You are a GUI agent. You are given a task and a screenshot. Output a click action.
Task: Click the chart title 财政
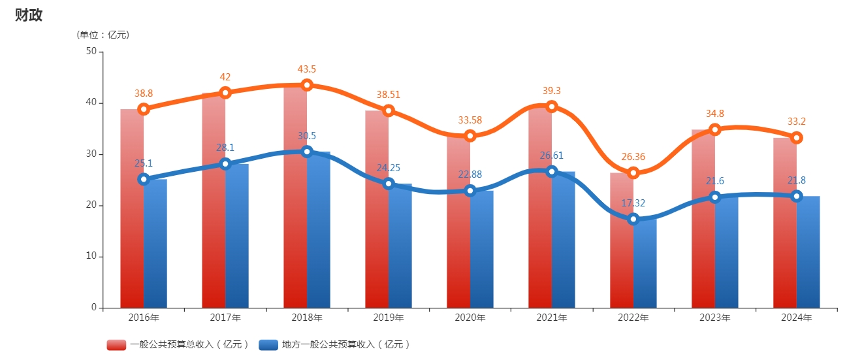[29, 15]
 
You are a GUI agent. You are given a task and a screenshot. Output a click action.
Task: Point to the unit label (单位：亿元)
[103, 35]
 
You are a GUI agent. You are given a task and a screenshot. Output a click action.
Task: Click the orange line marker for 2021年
[552, 106]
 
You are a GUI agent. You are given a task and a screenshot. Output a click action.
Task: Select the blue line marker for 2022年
[633, 219]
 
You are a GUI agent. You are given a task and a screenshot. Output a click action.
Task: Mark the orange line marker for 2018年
[307, 85]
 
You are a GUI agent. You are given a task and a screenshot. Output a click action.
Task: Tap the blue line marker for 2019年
[389, 184]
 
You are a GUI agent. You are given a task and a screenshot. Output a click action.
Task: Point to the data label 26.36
[633, 157]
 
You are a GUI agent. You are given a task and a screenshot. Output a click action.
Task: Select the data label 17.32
[633, 203]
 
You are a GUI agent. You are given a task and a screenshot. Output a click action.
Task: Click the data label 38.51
[389, 95]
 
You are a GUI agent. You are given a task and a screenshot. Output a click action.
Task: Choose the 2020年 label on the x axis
[470, 318]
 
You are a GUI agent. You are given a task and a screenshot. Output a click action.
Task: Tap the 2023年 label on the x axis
[715, 318]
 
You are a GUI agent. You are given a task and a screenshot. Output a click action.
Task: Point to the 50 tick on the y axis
[91, 52]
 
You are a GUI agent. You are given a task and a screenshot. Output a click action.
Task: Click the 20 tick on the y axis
[91, 205]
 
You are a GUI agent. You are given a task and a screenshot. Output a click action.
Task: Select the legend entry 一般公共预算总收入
[178, 344]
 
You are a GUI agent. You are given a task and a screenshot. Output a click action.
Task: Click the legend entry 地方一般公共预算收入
[335, 344]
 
